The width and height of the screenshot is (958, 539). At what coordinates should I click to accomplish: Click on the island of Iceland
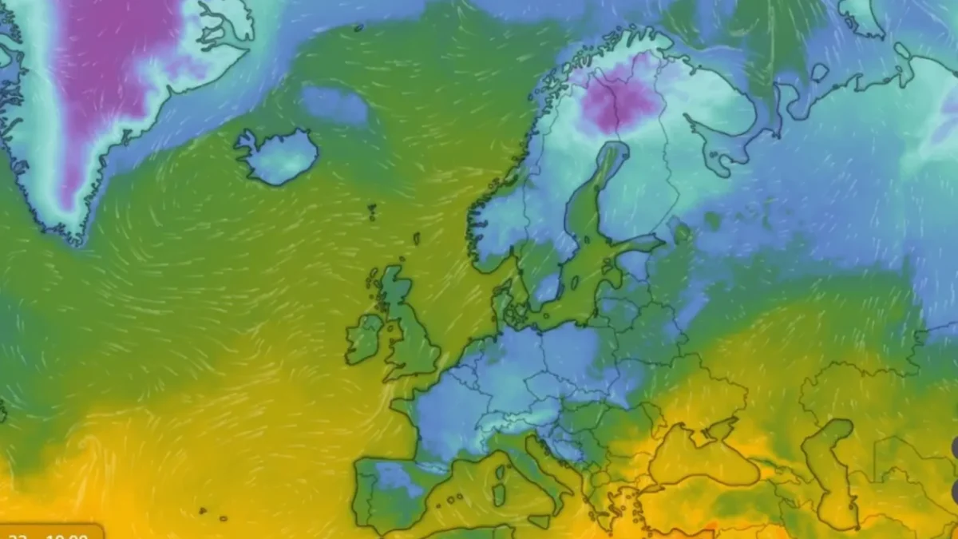pos(279,156)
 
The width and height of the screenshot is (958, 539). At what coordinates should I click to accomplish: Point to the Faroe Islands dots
pos(372,211)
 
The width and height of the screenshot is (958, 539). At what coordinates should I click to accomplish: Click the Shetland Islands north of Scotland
pos(416,239)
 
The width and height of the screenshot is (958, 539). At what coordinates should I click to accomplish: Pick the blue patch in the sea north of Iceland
pos(334,105)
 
